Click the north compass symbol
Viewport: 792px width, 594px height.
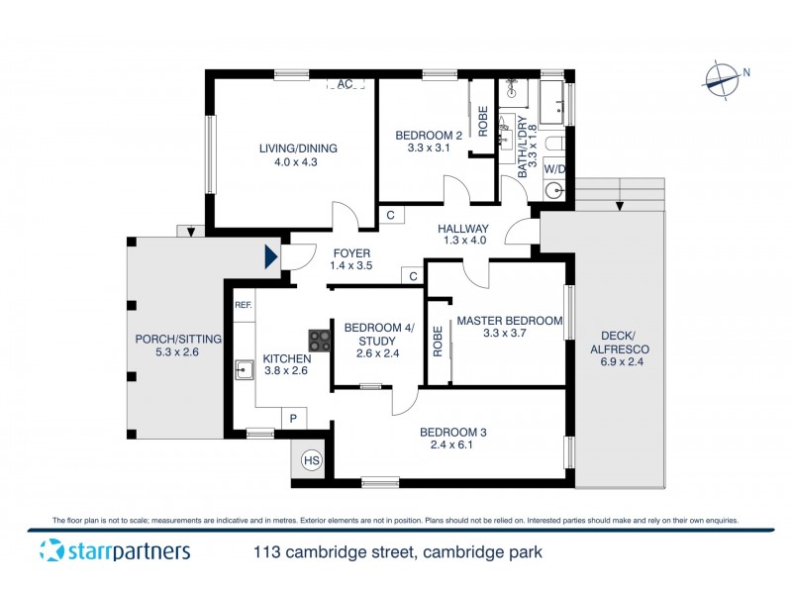point(724,78)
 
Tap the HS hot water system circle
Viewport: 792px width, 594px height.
point(311,461)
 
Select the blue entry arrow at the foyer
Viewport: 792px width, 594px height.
point(270,258)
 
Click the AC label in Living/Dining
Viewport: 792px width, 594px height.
point(345,84)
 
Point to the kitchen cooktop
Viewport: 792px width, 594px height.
point(320,341)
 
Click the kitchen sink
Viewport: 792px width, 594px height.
point(244,371)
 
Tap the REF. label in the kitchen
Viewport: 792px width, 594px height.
point(244,305)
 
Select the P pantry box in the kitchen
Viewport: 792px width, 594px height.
point(293,419)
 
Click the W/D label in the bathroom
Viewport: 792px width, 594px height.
point(554,169)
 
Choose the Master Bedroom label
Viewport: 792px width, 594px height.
point(509,321)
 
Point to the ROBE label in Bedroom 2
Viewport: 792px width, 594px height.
point(483,121)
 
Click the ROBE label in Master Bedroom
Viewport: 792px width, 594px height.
point(438,342)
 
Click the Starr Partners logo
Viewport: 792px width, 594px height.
point(115,550)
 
